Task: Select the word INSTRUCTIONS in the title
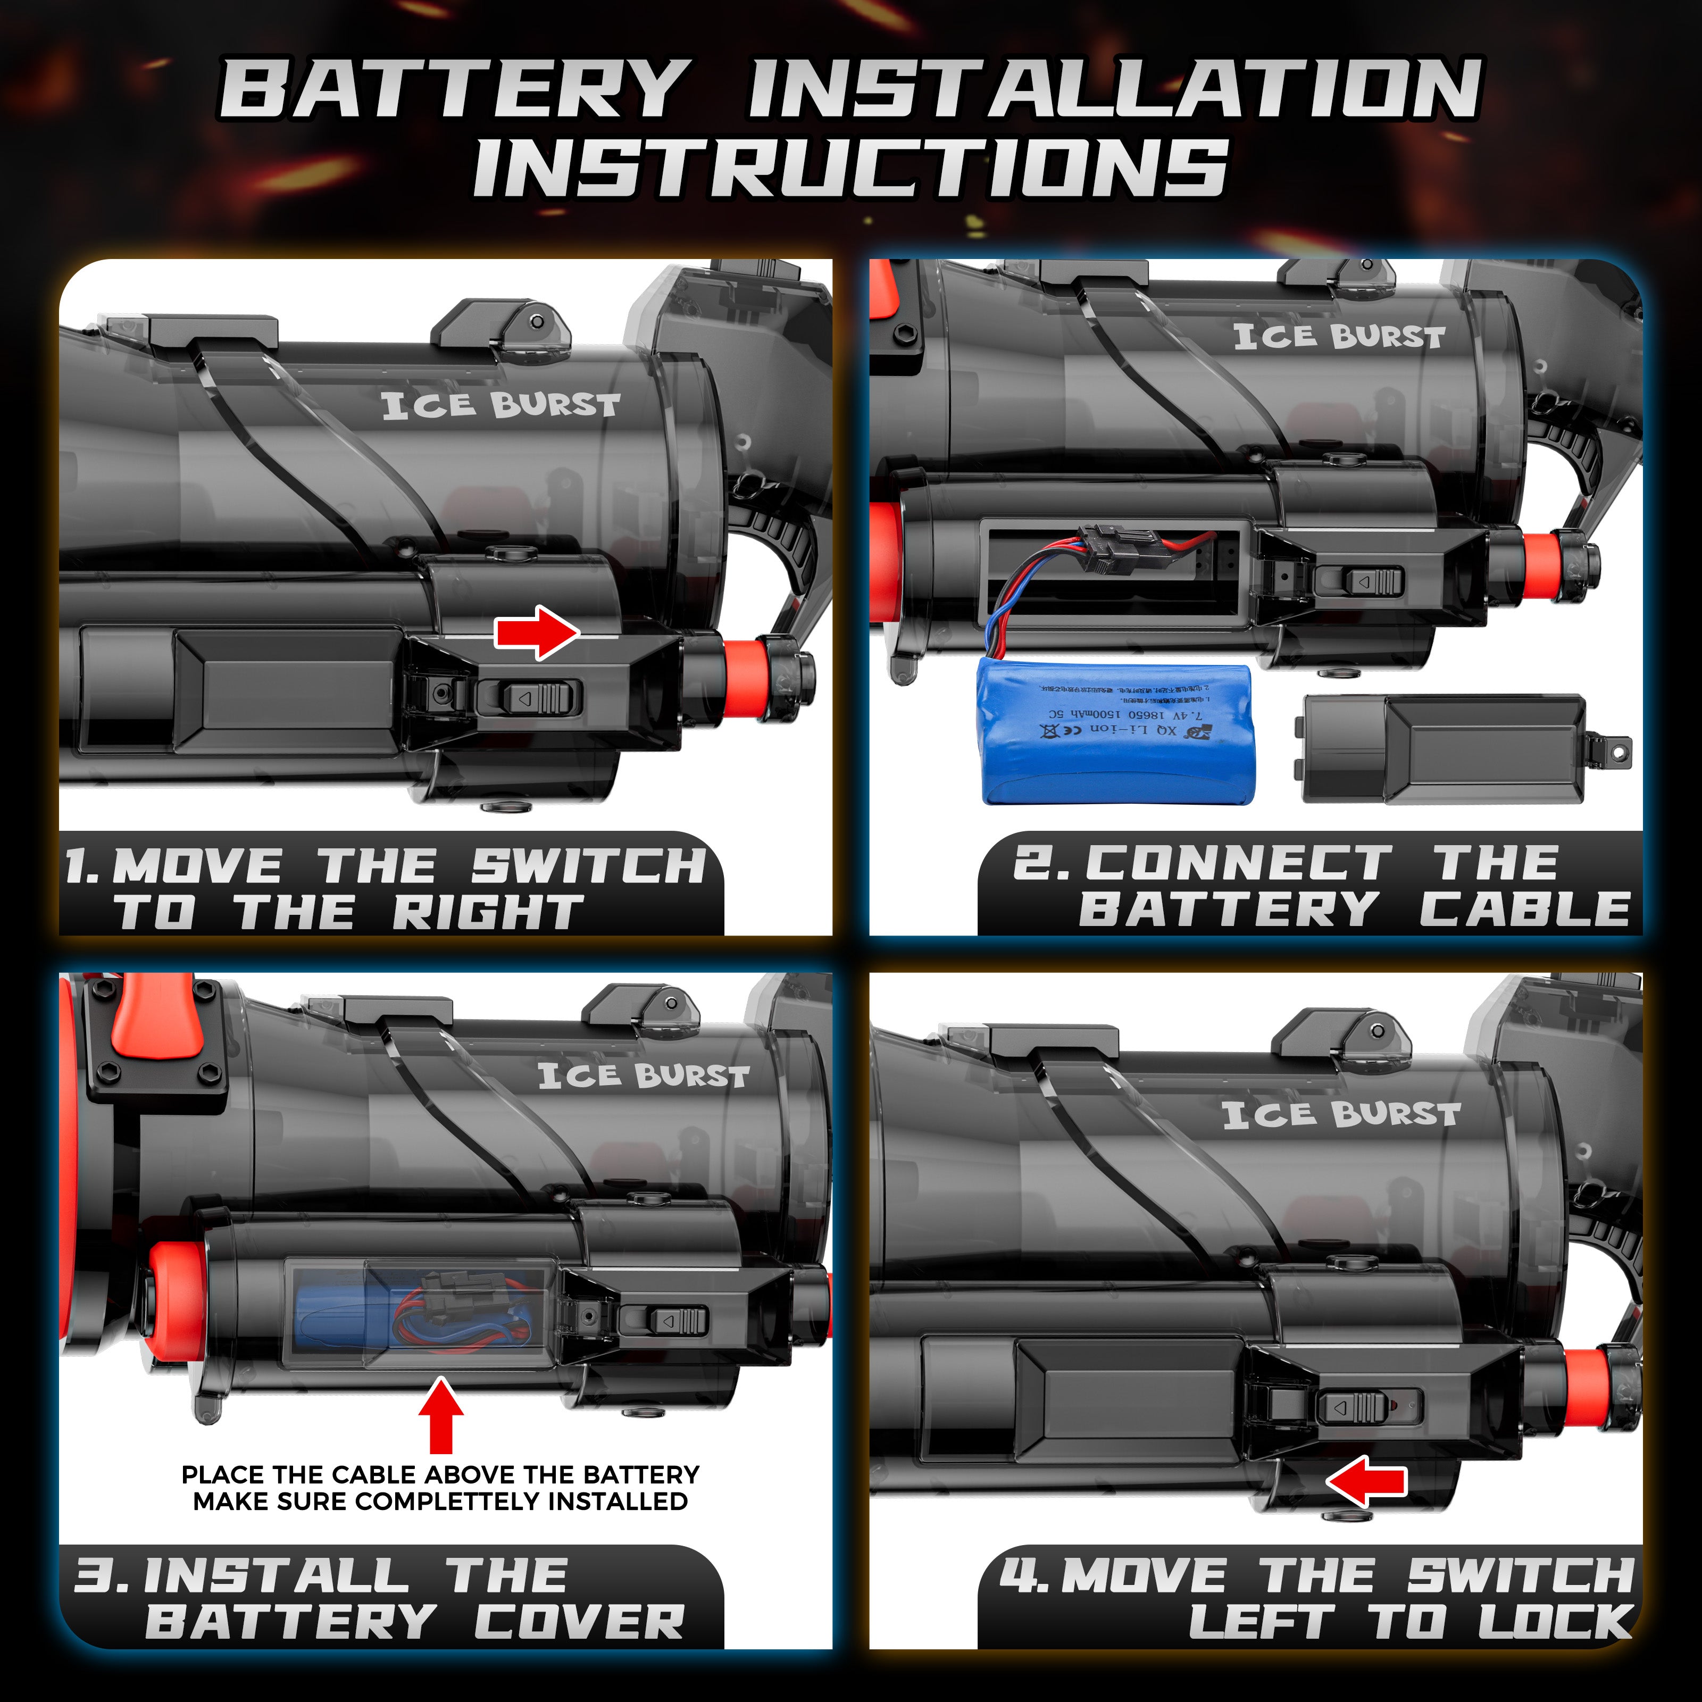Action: [x=850, y=168]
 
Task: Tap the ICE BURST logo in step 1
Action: [x=500, y=405]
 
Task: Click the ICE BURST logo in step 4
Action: [x=1341, y=1114]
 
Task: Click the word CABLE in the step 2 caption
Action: [x=1524, y=908]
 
